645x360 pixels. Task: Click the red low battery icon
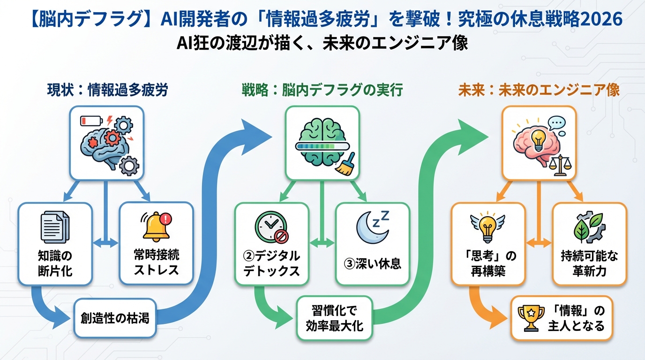pyautogui.click(x=90, y=121)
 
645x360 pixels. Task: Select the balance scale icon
pyautogui.click(x=558, y=166)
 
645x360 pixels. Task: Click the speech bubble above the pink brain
pyautogui.click(x=556, y=123)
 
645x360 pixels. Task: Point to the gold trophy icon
pyautogui.click(x=531, y=317)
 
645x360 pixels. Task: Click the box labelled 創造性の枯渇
pyautogui.click(x=115, y=318)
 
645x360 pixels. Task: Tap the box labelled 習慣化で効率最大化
pyautogui.click(x=334, y=318)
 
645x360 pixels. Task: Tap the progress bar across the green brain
pyautogui.click(x=322, y=146)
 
